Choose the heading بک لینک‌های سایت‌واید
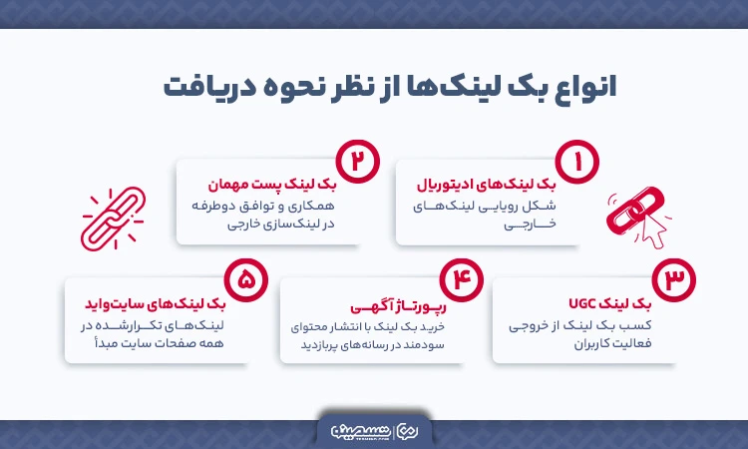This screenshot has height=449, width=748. click(x=169, y=301)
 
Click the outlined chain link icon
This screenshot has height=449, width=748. click(x=112, y=219)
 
